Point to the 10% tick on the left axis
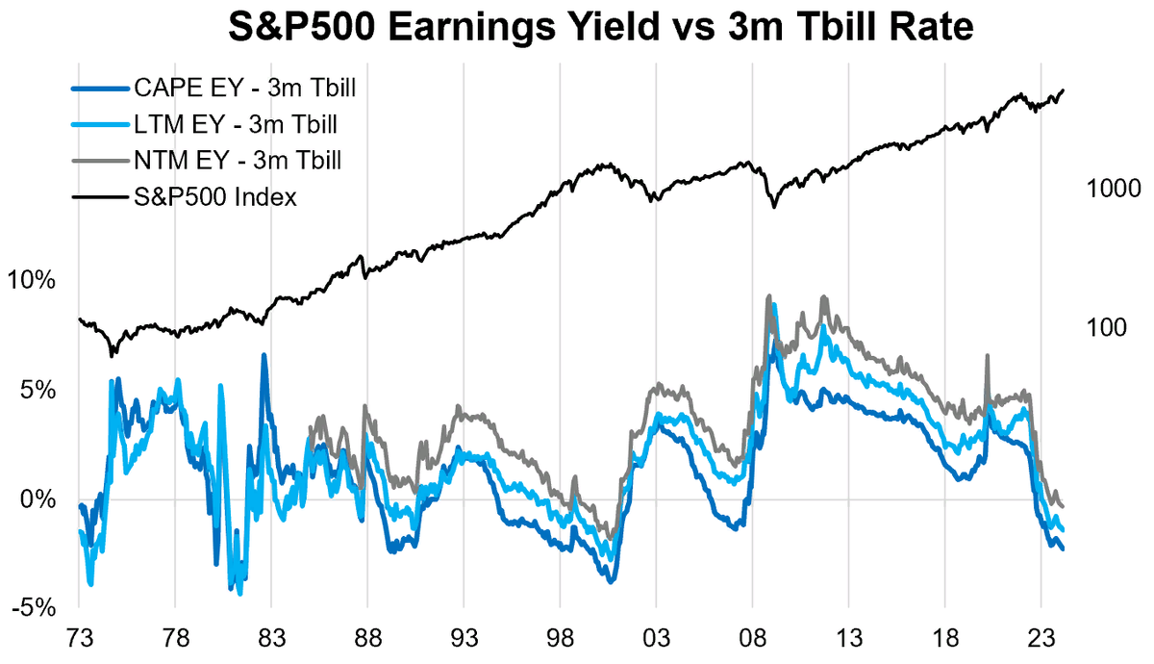34,281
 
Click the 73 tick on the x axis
79,641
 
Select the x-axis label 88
367,641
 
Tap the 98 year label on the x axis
560,641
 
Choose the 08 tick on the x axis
752,641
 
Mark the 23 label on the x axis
1041,641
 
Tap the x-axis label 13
848,641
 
